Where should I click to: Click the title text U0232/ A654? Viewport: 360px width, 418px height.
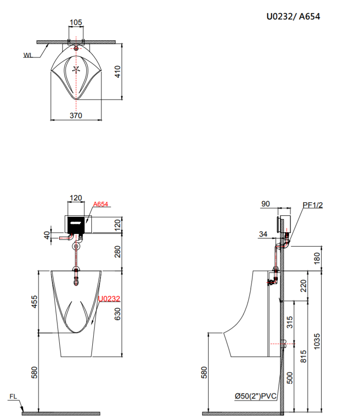click(x=293, y=17)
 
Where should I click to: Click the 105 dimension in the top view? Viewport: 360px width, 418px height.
click(x=76, y=23)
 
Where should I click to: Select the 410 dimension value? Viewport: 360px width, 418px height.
click(x=118, y=71)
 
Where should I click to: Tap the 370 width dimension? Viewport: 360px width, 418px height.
click(x=76, y=115)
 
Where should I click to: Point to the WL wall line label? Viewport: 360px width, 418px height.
click(x=28, y=55)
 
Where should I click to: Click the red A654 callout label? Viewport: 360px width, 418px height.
click(x=100, y=204)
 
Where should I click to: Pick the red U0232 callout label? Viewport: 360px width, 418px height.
click(x=109, y=299)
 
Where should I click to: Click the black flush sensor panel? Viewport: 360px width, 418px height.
click(x=76, y=224)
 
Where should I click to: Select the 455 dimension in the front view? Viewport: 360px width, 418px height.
click(x=35, y=302)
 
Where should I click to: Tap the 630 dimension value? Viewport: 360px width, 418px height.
click(x=118, y=314)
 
